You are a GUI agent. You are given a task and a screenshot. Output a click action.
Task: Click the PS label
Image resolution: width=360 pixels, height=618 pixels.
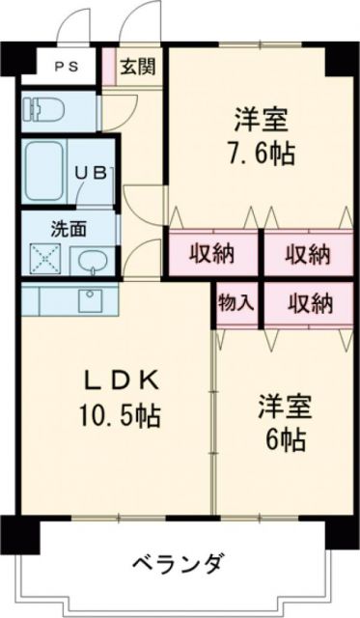point(68,67)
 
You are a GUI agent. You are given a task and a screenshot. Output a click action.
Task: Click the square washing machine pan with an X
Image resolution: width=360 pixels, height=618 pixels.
point(45,260)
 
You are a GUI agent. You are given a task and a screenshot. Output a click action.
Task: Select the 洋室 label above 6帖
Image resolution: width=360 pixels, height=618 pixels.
point(281,405)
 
